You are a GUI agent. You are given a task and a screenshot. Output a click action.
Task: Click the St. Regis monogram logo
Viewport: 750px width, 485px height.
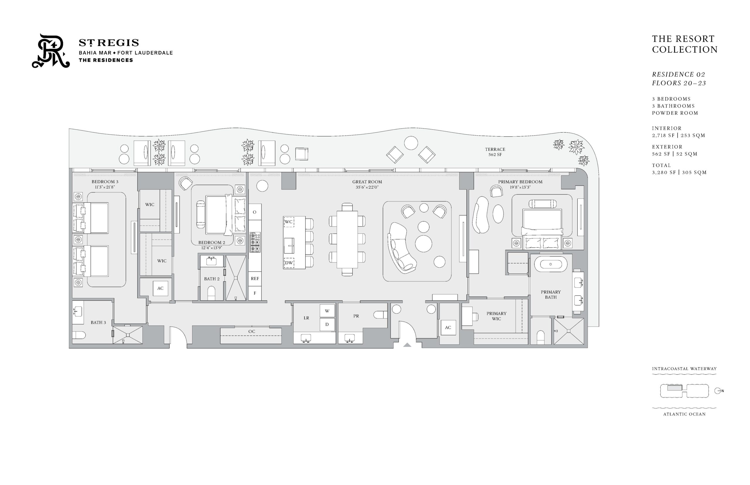[x=50, y=51]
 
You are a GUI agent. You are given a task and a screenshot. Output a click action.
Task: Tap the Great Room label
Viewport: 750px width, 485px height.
[x=367, y=182]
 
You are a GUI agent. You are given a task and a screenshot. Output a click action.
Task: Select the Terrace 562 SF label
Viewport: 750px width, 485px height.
[x=495, y=152]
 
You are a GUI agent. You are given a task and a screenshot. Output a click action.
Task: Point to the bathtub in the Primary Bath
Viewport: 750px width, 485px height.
[x=550, y=264]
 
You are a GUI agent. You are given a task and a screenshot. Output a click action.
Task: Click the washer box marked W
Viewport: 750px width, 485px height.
[x=327, y=311]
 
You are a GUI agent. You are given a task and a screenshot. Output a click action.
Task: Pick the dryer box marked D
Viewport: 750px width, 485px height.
[x=327, y=325]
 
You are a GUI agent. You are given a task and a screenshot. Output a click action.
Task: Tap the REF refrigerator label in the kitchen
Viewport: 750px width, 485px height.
[x=255, y=279]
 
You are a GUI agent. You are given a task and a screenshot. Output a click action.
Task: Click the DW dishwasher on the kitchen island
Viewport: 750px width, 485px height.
[x=289, y=263]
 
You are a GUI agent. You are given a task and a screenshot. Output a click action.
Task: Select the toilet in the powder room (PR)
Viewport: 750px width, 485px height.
[x=381, y=315]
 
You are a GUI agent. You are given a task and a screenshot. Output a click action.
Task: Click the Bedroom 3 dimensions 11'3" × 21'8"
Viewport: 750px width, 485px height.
[x=105, y=187]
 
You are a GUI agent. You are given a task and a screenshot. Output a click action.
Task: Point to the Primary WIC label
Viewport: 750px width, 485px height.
[x=496, y=316]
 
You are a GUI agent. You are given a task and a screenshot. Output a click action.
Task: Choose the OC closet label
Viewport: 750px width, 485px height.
[x=252, y=331]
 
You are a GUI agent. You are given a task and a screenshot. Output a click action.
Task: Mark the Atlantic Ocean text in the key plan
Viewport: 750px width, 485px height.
[x=684, y=414]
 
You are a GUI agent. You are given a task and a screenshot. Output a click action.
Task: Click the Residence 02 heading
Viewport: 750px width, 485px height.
[x=679, y=74]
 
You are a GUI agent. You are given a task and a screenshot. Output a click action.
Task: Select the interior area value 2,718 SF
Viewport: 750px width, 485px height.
[x=663, y=135]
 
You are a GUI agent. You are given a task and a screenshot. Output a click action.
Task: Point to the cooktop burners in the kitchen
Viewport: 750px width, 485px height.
[x=255, y=242]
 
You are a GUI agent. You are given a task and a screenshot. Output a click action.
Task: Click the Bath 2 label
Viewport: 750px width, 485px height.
[x=212, y=279]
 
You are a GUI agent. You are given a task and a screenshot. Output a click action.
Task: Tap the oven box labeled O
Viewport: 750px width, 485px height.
[x=255, y=212]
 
